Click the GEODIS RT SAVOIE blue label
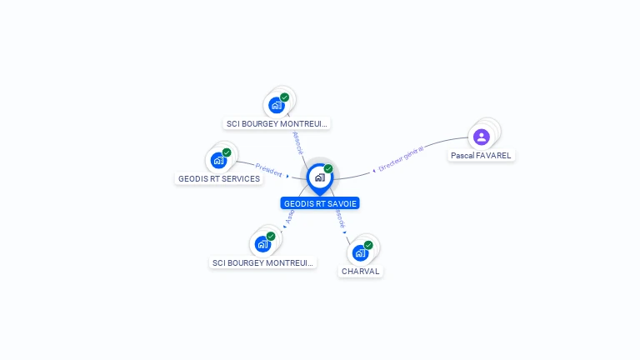[x=321, y=203]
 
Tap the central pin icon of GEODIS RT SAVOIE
[x=319, y=177]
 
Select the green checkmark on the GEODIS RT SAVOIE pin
[x=328, y=169]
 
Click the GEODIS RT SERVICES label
[x=219, y=178]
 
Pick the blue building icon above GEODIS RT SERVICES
[x=218, y=160]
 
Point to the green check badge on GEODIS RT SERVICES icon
[x=227, y=152]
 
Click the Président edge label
[x=268, y=170]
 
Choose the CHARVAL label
[x=360, y=272]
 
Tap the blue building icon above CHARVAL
[x=360, y=252]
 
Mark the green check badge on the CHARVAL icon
[x=368, y=245]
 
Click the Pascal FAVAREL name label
[x=481, y=155]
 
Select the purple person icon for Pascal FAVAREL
[x=481, y=137]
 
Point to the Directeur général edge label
[x=401, y=158]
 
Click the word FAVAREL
[x=492, y=155]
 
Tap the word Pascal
[x=462, y=155]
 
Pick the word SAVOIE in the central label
[x=342, y=203]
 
